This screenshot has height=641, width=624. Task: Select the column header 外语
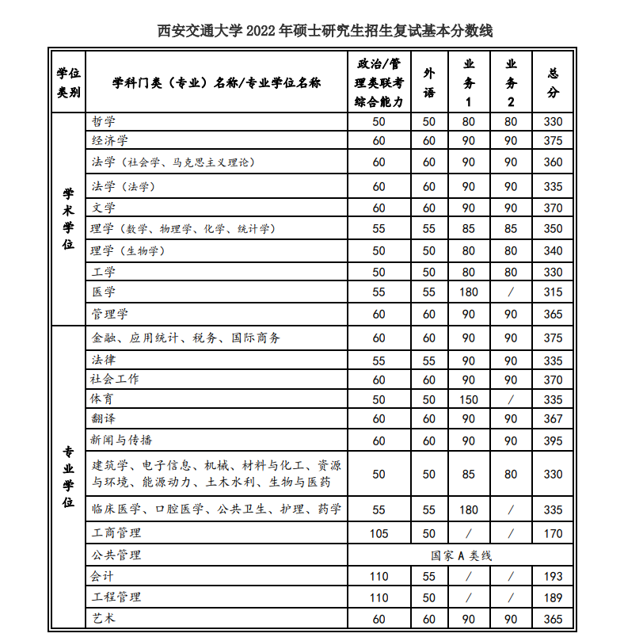[x=428, y=82]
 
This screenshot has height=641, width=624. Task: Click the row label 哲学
[x=103, y=121]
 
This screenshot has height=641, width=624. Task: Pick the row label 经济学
[x=109, y=140]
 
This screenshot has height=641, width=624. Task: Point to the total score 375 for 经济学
[x=554, y=140]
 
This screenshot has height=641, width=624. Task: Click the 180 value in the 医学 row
[x=469, y=292]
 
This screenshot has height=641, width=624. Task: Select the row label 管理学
[x=109, y=314]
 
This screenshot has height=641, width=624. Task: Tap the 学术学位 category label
[x=69, y=218]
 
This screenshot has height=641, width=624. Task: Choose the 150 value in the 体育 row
[x=469, y=399]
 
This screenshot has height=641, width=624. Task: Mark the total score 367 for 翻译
[x=554, y=418]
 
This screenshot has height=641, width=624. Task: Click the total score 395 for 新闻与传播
[x=554, y=441]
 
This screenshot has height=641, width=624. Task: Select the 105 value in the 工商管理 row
[x=379, y=533]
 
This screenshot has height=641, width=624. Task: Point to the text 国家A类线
[x=461, y=555]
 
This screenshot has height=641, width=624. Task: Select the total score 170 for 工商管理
[x=554, y=533]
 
